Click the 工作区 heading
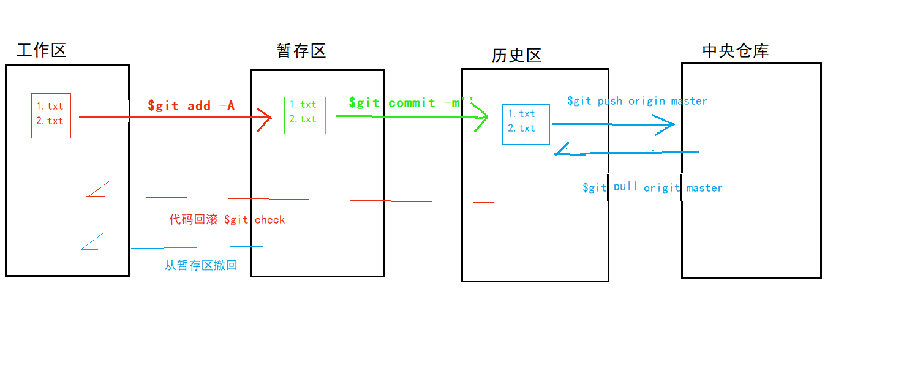coord(41,50)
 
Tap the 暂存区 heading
coord(301,51)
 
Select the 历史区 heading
coord(516,56)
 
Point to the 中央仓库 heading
coord(735,50)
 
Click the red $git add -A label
coord(191,105)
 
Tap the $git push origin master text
coord(637,100)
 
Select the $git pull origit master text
coord(652,187)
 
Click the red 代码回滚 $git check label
coord(227,219)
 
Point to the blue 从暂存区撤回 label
coord(200,265)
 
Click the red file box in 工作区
coord(51,116)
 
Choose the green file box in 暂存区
coord(304,115)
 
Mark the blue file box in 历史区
coord(526,124)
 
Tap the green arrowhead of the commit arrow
coord(481,118)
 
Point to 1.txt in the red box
coord(50,106)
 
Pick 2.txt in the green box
coord(303,119)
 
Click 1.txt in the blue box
coord(521,113)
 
